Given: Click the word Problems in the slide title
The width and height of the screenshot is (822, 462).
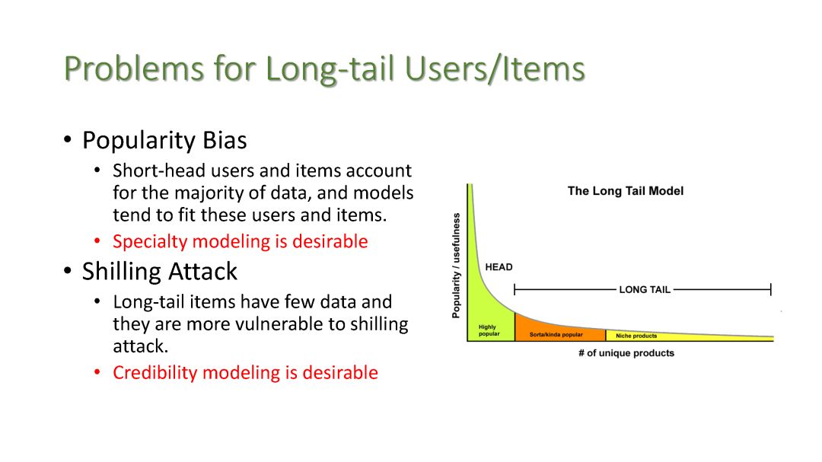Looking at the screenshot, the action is (x=134, y=69).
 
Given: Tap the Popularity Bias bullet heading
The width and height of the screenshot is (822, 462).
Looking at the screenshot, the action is (x=164, y=140).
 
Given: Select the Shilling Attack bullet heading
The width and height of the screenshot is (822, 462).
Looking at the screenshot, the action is (x=159, y=271).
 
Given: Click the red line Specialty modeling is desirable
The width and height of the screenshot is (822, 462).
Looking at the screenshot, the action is (x=240, y=241).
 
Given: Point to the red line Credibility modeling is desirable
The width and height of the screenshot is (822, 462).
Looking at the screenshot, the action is (x=245, y=372).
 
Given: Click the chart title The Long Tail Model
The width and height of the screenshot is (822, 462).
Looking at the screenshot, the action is (x=626, y=191).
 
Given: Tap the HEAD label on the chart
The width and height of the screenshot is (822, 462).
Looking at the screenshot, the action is (x=499, y=267).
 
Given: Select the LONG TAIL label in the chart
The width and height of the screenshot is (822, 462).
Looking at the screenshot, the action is (x=645, y=289).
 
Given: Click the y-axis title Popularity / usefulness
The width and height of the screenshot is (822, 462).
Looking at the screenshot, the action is (x=456, y=266).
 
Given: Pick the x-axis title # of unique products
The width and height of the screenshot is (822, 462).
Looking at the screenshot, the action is (x=626, y=353).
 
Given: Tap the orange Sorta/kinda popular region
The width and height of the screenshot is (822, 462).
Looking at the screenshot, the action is (x=560, y=330).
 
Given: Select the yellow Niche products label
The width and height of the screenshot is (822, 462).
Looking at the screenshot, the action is (x=636, y=336).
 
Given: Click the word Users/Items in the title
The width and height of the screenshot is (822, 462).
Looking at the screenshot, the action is (x=495, y=69).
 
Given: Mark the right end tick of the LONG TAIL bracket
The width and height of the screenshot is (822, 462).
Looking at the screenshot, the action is (x=770, y=289).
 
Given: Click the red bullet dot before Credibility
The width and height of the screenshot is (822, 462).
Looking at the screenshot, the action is (x=97, y=372).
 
